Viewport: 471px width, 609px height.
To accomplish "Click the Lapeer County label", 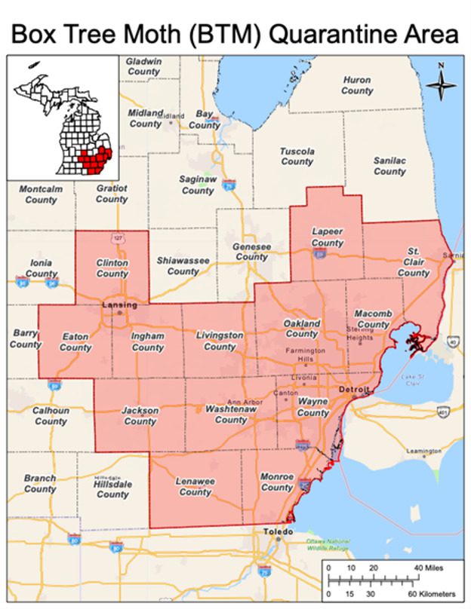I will pos(327,237).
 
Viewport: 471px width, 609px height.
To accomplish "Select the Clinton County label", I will pos(112,268).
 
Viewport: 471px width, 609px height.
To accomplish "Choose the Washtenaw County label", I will pos(231,415).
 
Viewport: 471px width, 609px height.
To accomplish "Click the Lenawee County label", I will pos(195,486).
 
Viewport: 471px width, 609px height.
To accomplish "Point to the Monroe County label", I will pos(276,482).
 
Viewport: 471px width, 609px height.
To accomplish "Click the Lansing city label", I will pos(119,304).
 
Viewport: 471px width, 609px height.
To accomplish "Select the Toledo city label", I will pos(277,531).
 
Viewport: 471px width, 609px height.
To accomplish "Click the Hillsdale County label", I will pos(112,490).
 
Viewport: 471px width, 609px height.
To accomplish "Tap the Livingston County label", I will pos(220,341).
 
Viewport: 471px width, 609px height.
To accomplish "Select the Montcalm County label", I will pos(41,194).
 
